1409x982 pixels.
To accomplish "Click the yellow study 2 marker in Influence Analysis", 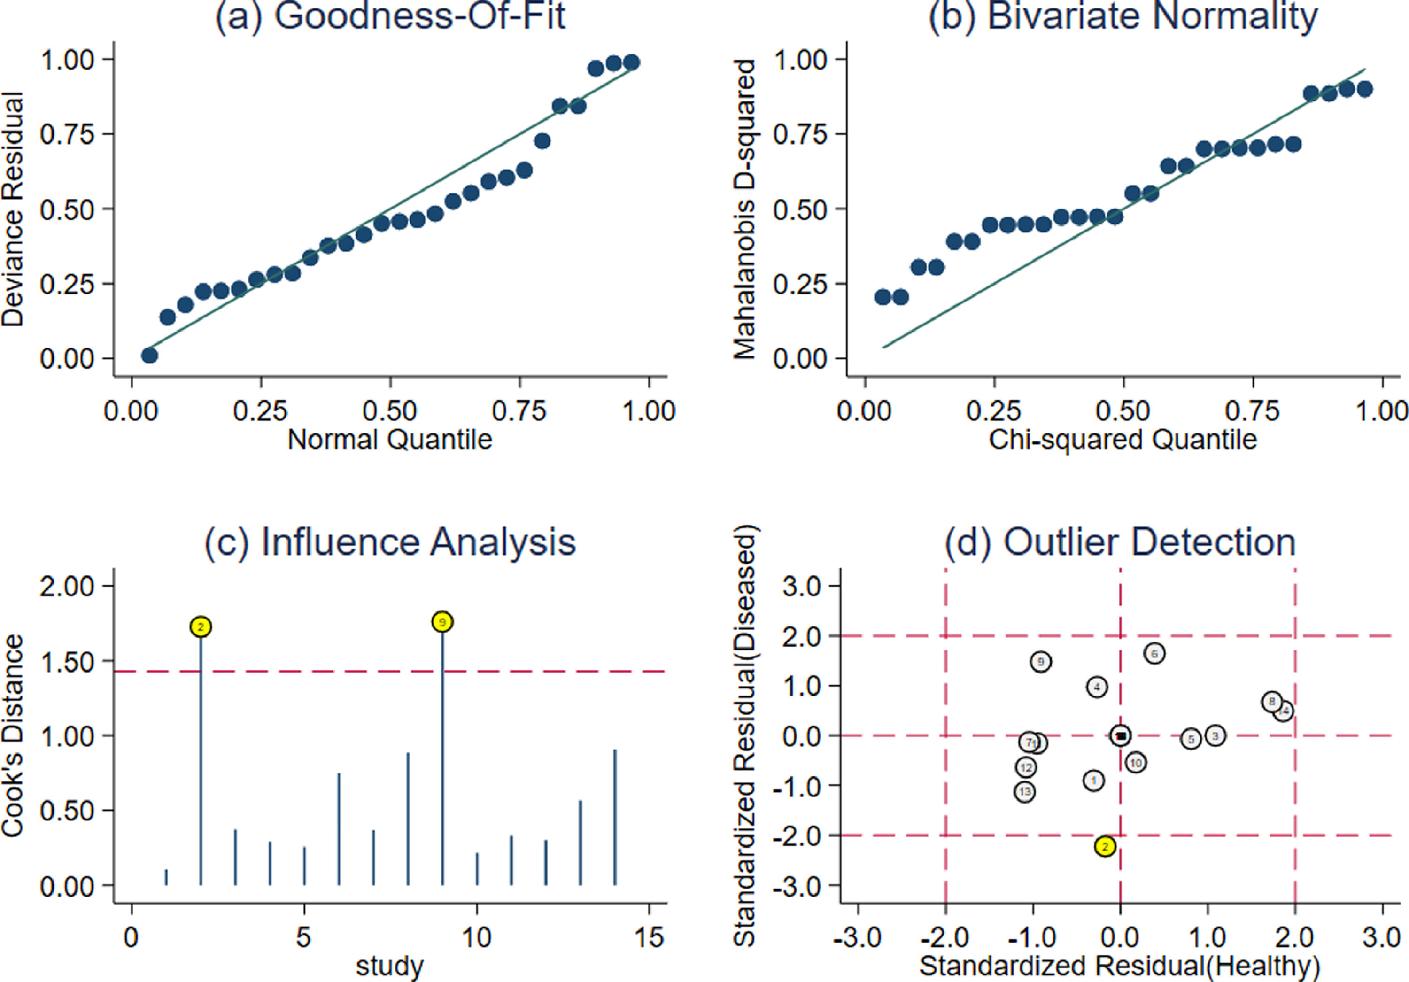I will [x=201, y=626].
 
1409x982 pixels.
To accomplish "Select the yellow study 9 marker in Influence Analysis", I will [x=442, y=622].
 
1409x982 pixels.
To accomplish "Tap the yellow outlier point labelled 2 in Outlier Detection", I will [x=1105, y=847].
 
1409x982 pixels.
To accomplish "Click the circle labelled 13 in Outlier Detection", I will [x=1024, y=792].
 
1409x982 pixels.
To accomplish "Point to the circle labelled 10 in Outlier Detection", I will [x=1136, y=763].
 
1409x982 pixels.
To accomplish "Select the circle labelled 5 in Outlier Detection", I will [x=1191, y=739].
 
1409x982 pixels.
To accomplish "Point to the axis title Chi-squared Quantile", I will [x=1123, y=440].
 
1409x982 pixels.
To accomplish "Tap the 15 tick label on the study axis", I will [x=649, y=937].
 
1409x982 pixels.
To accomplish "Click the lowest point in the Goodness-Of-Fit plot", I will [x=149, y=356].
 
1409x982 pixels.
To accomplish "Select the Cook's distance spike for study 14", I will [x=615, y=816].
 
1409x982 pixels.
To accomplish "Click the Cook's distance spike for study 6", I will [x=339, y=828].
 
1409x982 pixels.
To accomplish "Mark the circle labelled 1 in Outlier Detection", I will [x=1093, y=781].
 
